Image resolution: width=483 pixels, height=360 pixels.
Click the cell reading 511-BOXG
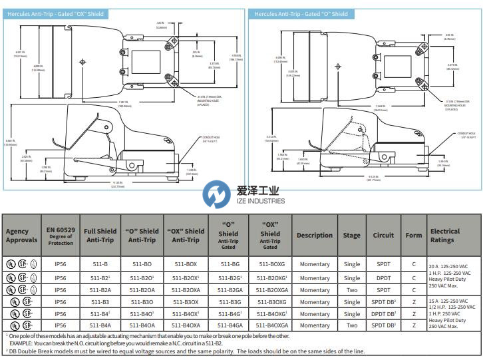pyautogui.click(x=269, y=264)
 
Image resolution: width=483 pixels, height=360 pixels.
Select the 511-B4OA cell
pyautogui.click(x=142, y=325)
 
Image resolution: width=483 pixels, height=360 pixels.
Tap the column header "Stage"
pyautogui.click(x=352, y=236)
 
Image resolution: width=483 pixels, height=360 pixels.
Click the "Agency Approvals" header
pyautogui.click(x=22, y=236)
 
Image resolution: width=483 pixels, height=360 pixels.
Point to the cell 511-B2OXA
pyautogui.click(x=185, y=289)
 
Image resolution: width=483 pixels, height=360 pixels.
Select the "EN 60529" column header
pyautogui.click(x=61, y=236)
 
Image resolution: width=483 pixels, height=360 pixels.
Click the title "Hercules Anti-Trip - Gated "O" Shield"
pyautogui.click(x=301, y=13)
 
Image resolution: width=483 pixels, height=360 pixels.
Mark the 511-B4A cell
pyautogui.click(x=100, y=325)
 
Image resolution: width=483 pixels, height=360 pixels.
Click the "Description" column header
pyautogui.click(x=315, y=236)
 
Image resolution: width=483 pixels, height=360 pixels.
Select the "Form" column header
pyautogui.click(x=414, y=236)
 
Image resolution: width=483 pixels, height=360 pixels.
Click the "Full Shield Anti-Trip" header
pyautogui.click(x=100, y=236)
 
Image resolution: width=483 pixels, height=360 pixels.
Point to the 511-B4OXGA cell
pyautogui.click(x=269, y=325)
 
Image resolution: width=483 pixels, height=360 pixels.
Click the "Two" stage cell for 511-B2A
pyautogui.click(x=352, y=289)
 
